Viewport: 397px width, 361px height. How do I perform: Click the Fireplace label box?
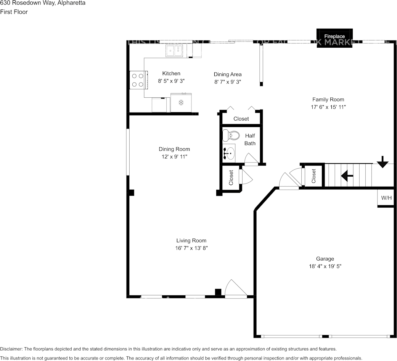[334, 37]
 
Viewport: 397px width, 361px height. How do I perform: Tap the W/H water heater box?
[386, 198]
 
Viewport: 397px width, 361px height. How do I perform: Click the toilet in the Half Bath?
[231, 135]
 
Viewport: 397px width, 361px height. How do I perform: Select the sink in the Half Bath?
[229, 153]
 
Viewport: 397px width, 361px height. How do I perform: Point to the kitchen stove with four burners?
[138, 80]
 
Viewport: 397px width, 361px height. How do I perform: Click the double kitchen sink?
[174, 50]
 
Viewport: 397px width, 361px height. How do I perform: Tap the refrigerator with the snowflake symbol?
[181, 102]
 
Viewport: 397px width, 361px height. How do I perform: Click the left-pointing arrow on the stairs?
[347, 176]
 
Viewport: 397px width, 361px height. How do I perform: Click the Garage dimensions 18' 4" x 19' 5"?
[325, 266]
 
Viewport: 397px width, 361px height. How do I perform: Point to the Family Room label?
[328, 100]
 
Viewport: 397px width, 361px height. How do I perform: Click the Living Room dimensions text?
[191, 248]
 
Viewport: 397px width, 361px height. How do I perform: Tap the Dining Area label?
[227, 74]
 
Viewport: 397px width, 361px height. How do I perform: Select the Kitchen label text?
[171, 73]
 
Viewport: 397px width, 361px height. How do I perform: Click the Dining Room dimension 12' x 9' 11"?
[174, 156]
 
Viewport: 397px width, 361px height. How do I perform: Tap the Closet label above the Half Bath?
[241, 119]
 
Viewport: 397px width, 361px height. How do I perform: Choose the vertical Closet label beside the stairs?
[314, 176]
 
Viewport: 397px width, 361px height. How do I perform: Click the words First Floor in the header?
[14, 12]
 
